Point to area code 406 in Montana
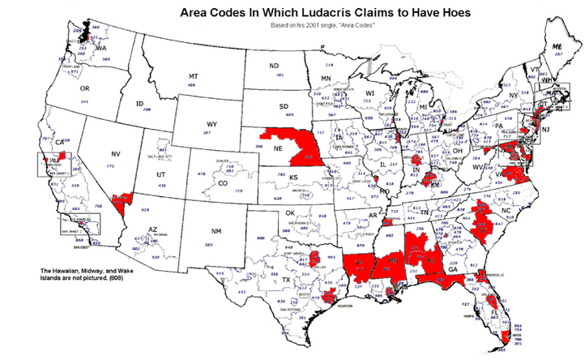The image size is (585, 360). tap(191, 84)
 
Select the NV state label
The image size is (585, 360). tap(114, 153)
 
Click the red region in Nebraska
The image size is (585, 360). tap(301, 145)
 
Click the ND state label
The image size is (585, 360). tap(274, 65)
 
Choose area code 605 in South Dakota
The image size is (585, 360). tap(284, 116)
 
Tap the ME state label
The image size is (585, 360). tap(557, 48)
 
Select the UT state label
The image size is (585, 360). tap(161, 175)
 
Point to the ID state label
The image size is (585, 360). tap(139, 104)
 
